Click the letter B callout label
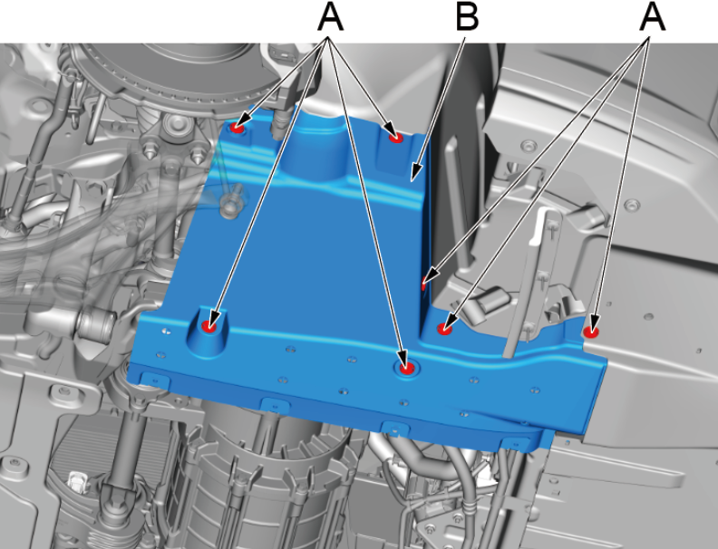tap(467, 16)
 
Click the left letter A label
tap(330, 16)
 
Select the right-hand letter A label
tap(652, 16)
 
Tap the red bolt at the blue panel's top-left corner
tap(238, 128)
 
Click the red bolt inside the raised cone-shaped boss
tap(209, 326)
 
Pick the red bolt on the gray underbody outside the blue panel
tap(591, 332)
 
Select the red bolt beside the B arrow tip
tap(394, 138)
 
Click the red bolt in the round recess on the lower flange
tap(406, 368)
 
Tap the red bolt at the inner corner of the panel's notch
tap(443, 329)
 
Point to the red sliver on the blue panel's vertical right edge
tap(423, 285)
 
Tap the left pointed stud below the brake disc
tap(148, 150)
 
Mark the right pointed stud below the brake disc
tap(197, 155)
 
